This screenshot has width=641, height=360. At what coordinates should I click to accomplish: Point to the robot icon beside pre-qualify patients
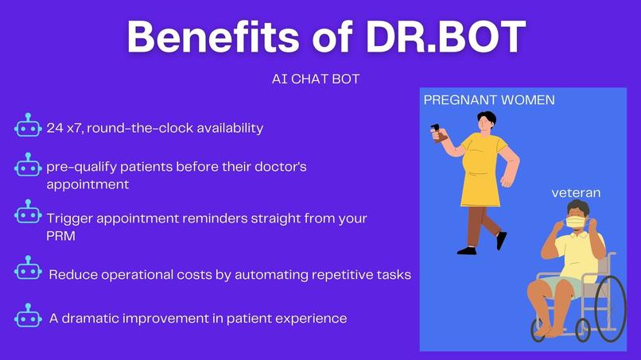click(28, 167)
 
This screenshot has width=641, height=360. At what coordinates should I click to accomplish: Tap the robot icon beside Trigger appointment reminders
click(28, 213)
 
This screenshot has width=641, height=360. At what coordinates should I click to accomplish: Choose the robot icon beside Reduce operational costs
click(28, 269)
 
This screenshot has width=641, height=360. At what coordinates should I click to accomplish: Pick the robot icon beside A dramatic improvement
click(28, 317)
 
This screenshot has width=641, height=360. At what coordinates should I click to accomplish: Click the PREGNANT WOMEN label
click(489, 100)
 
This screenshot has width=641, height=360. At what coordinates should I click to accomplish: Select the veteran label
click(577, 193)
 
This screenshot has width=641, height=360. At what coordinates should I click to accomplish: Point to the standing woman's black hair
click(486, 118)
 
